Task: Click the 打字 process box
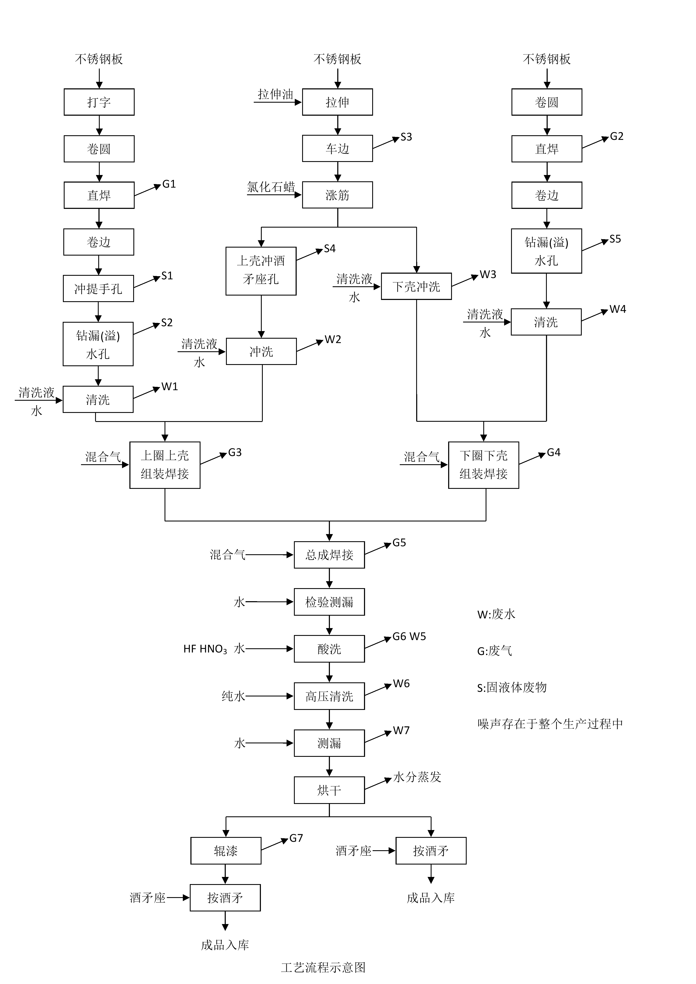(99, 102)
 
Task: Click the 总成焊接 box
(329, 555)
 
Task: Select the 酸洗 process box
(329, 649)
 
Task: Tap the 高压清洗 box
(329, 696)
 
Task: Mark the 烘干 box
(329, 790)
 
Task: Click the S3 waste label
(406, 137)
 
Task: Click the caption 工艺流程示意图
(323, 967)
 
